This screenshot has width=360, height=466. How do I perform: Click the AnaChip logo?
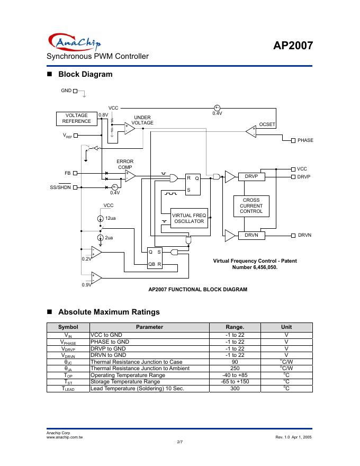point(75,42)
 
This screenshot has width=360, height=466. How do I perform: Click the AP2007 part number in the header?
point(293,46)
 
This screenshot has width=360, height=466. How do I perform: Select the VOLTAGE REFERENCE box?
point(77,118)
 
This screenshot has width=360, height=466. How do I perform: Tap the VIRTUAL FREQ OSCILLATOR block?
point(189,218)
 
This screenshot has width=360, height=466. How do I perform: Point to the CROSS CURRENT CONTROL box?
point(251,206)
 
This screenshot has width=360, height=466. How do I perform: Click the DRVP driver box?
point(251,176)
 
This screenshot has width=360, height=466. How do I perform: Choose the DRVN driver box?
point(251,235)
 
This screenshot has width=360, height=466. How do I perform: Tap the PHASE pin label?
point(305,140)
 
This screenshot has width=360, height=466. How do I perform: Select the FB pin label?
point(67,173)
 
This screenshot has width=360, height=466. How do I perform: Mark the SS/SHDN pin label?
point(60,187)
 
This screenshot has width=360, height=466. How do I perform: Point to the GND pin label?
point(66,91)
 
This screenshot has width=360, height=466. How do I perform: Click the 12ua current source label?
point(111,218)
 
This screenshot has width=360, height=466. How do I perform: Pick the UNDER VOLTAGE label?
point(142,120)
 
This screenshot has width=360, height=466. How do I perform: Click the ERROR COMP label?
point(125,164)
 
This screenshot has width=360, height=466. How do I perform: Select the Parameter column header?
point(149,327)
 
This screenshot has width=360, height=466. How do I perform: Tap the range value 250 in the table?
point(235,369)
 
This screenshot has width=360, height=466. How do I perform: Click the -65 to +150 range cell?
point(235,382)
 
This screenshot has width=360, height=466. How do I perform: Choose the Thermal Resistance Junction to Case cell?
point(137,362)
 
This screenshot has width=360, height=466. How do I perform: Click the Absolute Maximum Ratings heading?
point(109,312)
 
